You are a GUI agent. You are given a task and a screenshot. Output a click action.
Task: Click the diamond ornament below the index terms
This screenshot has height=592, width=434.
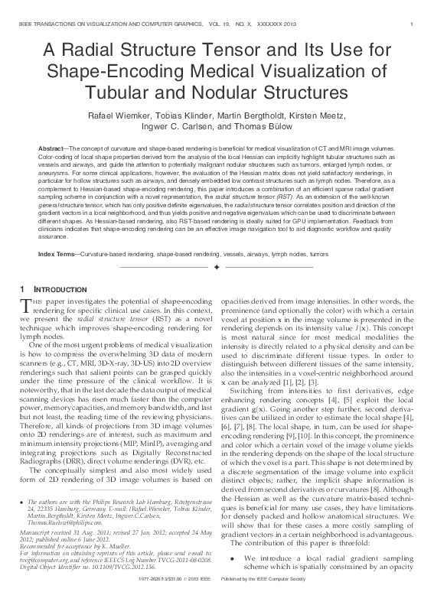[217, 267]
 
